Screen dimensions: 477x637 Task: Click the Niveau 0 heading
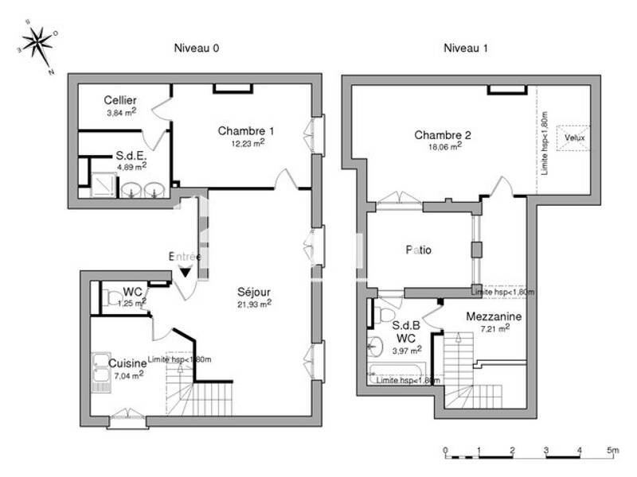pyautogui.click(x=197, y=48)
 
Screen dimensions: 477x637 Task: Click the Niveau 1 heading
pyautogui.click(x=466, y=48)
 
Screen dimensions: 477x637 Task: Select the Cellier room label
pyautogui.click(x=120, y=100)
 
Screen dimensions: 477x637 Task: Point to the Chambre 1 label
pyautogui.click(x=246, y=130)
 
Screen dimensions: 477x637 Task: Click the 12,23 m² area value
pyautogui.click(x=247, y=143)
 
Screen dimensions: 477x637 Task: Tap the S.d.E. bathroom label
pyautogui.click(x=131, y=155)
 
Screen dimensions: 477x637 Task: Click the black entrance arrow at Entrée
pyautogui.click(x=185, y=272)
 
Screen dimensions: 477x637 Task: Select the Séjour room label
pyautogui.click(x=254, y=291)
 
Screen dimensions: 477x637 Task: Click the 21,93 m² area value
pyautogui.click(x=254, y=303)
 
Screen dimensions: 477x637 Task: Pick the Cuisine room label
pyautogui.click(x=127, y=363)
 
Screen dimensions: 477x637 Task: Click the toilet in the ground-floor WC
pyautogui.click(x=110, y=298)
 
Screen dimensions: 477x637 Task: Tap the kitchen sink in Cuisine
pyautogui.click(x=101, y=371)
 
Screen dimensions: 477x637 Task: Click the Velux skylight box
pyautogui.click(x=573, y=137)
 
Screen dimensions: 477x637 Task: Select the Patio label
pyautogui.click(x=419, y=250)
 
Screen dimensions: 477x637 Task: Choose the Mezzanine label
pyautogui.click(x=494, y=316)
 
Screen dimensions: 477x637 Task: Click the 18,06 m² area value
pyautogui.click(x=445, y=146)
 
